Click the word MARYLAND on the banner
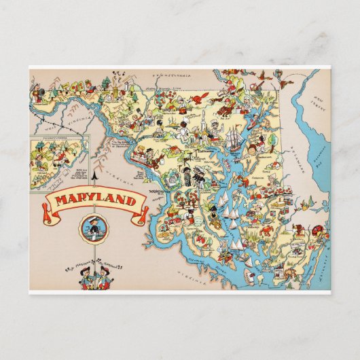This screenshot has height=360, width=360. click(x=94, y=201)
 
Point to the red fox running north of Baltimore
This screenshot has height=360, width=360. click(x=199, y=100)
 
